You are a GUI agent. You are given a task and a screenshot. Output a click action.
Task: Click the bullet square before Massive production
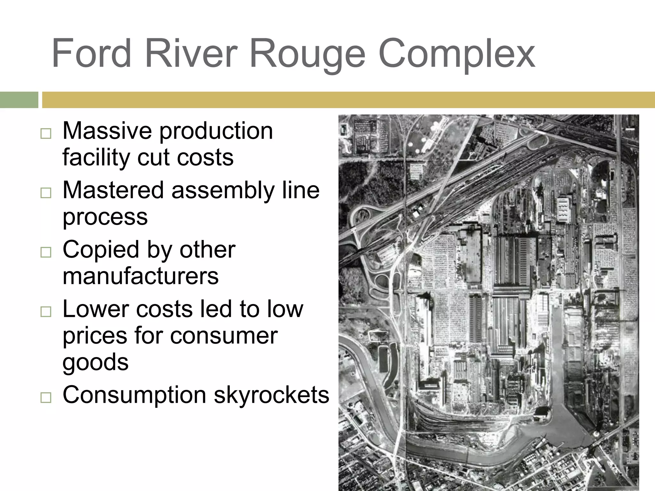click(x=46, y=133)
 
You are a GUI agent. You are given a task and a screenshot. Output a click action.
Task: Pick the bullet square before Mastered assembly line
click(x=46, y=193)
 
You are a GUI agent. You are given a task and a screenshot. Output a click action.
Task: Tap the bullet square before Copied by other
click(x=46, y=252)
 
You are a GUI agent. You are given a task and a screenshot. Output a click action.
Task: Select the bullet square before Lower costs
click(x=46, y=312)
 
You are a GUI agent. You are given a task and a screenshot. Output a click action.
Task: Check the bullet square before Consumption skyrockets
click(x=46, y=397)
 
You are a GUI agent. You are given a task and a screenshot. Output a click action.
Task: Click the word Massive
click(x=107, y=131)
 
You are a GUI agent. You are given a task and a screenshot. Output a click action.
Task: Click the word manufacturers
click(x=141, y=276)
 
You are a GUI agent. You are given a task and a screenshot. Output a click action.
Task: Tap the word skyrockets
click(x=272, y=395)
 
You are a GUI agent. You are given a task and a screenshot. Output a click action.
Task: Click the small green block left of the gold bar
click(x=19, y=100)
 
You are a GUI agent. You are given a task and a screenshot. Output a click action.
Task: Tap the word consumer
click(x=224, y=336)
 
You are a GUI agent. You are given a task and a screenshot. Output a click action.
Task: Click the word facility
click(x=96, y=158)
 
